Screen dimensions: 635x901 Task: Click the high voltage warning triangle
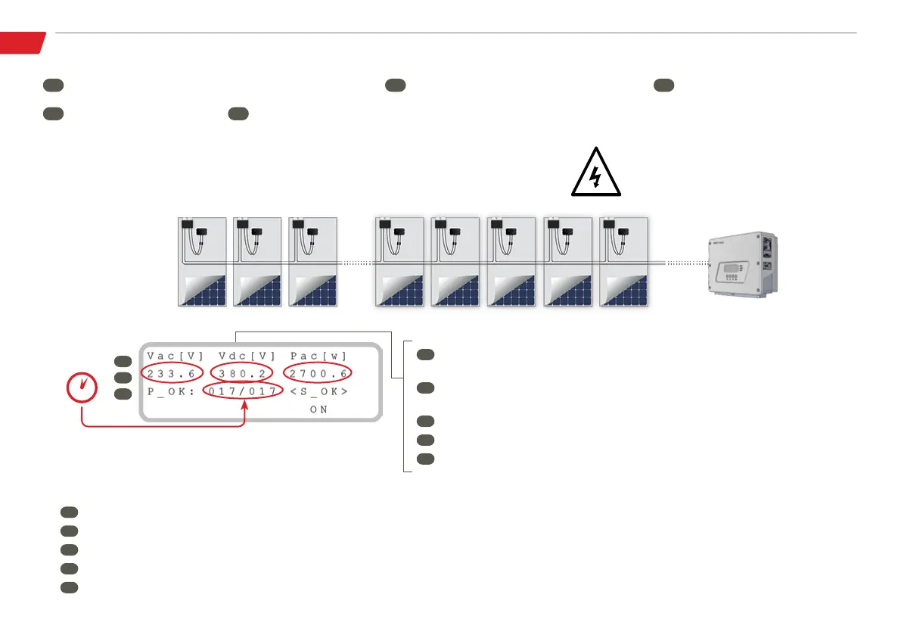595,172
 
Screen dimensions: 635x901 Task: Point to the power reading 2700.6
318,373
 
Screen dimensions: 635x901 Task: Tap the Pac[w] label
318,356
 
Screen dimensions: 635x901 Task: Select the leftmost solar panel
200,262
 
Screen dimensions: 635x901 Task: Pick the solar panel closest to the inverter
623,262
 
